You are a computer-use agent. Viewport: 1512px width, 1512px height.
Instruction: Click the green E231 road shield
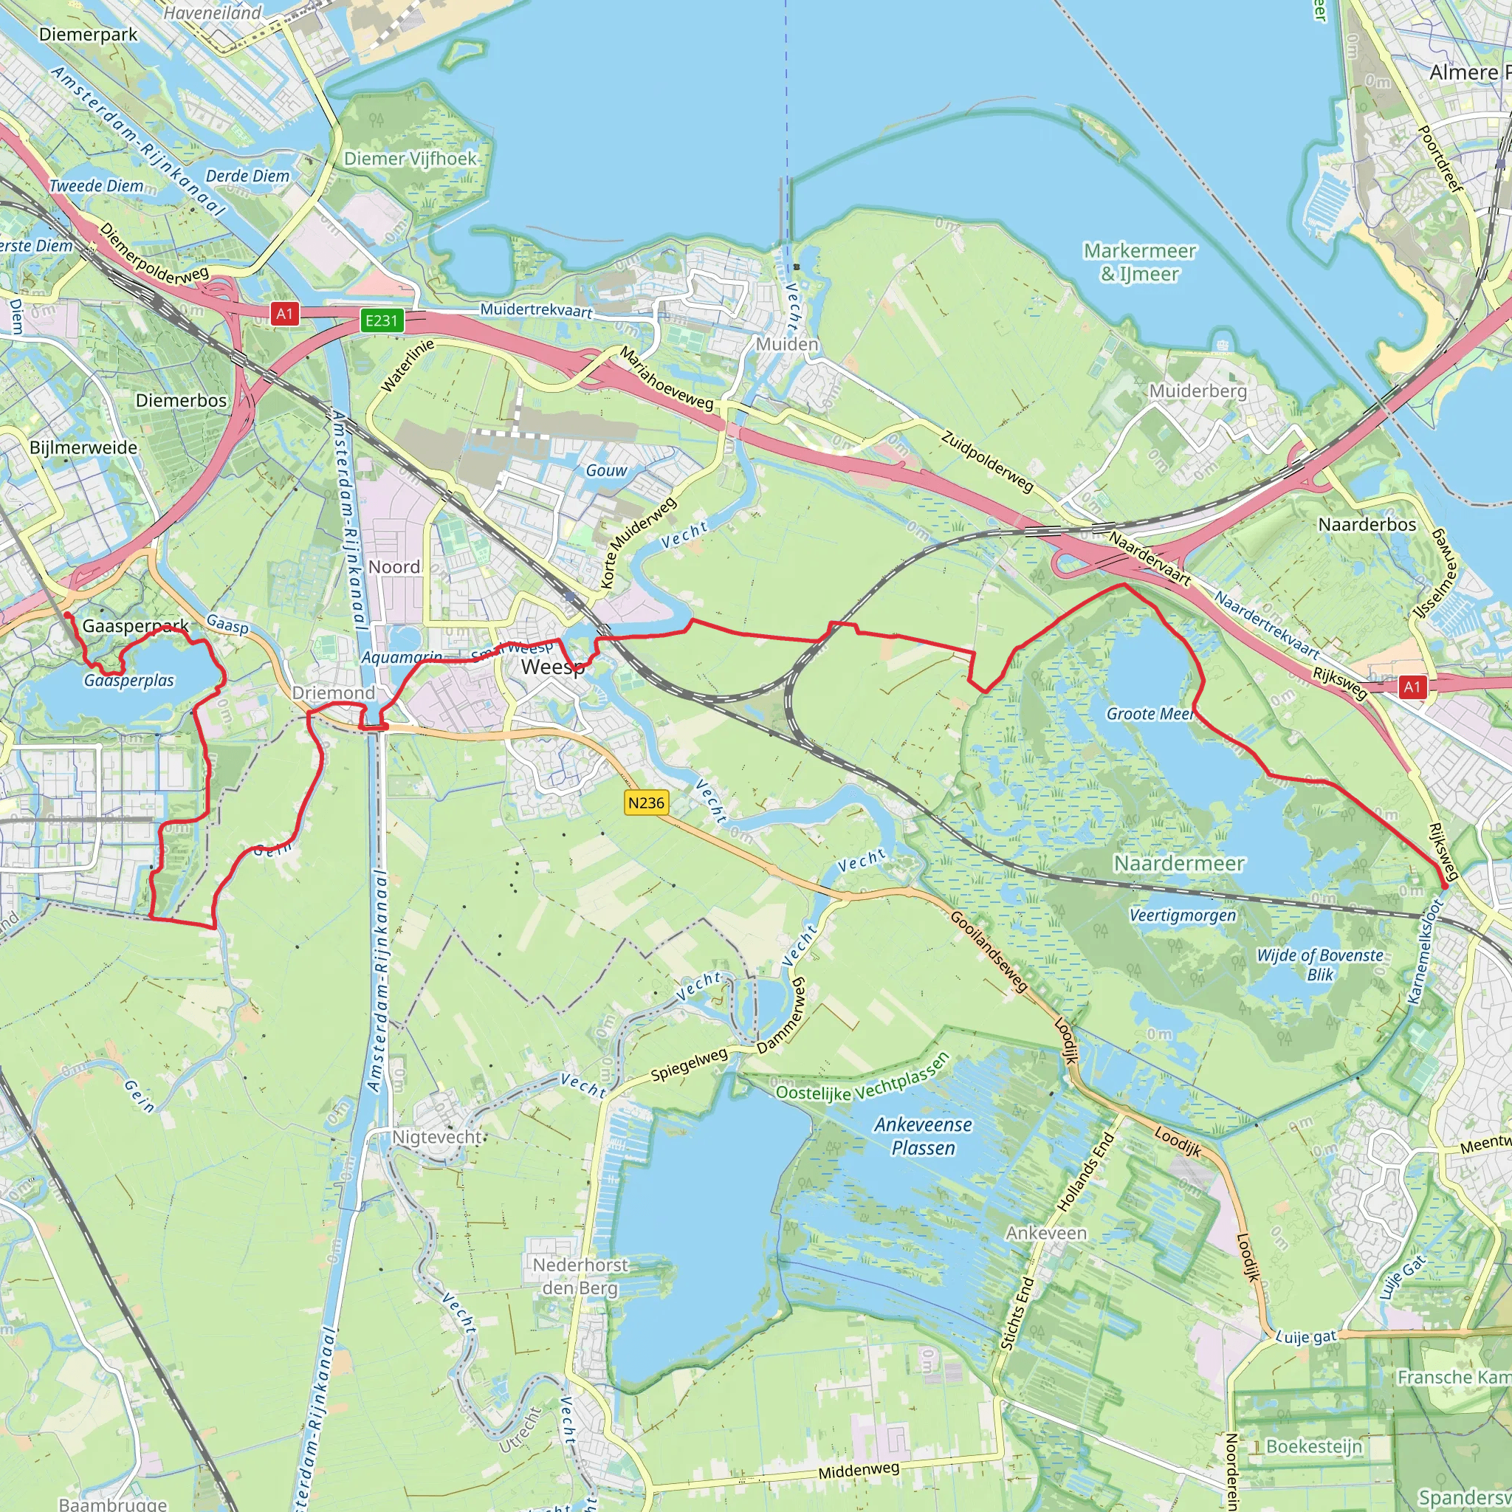pyautogui.click(x=382, y=320)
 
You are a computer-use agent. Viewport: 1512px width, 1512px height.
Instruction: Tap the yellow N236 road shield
pyautogui.click(x=647, y=803)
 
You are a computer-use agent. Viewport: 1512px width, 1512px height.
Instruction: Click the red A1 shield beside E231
pyautogui.click(x=284, y=314)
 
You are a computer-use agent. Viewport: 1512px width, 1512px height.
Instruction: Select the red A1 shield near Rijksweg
pyautogui.click(x=1411, y=687)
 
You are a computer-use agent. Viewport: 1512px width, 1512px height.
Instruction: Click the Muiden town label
pyautogui.click(x=786, y=344)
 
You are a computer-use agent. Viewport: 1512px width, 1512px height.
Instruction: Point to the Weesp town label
pyautogui.click(x=552, y=667)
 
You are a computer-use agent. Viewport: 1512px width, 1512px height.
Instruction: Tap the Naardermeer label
pyautogui.click(x=1178, y=863)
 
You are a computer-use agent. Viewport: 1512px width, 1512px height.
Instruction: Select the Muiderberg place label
pyautogui.click(x=1197, y=391)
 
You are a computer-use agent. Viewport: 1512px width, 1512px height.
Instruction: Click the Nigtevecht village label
pyautogui.click(x=438, y=1136)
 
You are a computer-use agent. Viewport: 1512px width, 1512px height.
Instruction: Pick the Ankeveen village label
pyautogui.click(x=1046, y=1233)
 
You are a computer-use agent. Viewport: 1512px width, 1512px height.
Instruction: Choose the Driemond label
pyautogui.click(x=334, y=693)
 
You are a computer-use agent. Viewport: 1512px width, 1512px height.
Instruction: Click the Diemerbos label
pyautogui.click(x=181, y=401)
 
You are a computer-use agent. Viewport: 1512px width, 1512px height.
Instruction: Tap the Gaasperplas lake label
pyautogui.click(x=129, y=681)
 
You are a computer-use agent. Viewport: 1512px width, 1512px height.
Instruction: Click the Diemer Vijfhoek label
pyautogui.click(x=410, y=159)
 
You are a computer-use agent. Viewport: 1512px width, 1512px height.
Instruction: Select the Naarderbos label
pyautogui.click(x=1367, y=524)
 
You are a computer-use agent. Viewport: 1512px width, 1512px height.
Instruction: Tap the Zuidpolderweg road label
pyautogui.click(x=988, y=461)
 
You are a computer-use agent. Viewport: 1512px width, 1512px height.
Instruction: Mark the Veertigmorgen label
pyautogui.click(x=1183, y=915)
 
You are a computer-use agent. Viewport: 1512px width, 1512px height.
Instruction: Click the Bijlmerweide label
pyautogui.click(x=83, y=447)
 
